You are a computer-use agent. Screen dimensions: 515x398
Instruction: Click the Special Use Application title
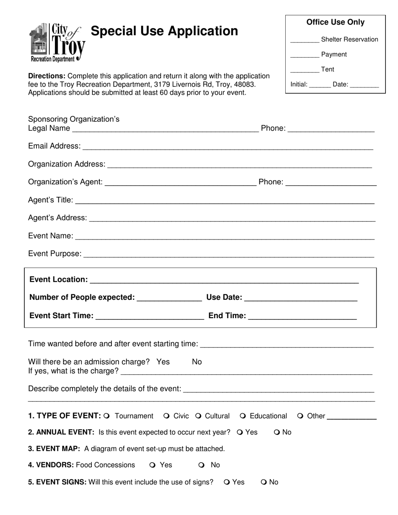[164, 31]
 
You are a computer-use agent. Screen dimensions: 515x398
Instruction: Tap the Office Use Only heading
[335, 22]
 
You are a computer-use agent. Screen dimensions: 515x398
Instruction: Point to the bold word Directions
[47, 76]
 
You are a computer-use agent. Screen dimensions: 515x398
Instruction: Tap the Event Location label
[59, 279]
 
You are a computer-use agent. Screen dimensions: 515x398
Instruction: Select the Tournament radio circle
[107, 416]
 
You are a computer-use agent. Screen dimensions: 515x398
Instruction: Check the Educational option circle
[243, 416]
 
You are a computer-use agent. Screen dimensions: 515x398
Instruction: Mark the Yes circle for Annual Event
[240, 432]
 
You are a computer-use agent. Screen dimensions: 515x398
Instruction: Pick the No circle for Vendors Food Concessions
[202, 465]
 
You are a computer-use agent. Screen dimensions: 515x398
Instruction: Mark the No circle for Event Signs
[264, 482]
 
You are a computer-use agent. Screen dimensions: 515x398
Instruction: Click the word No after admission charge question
[196, 362]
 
